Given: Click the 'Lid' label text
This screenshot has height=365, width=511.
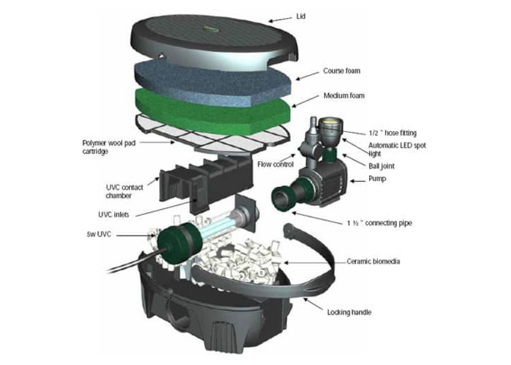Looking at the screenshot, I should pyautogui.click(x=300, y=16).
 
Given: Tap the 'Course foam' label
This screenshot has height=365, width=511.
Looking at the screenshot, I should pyautogui.click(x=341, y=71).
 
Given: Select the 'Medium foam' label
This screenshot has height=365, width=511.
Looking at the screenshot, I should pyautogui.click(x=344, y=96).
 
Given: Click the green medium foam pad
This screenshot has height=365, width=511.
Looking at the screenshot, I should pyautogui.click(x=212, y=109).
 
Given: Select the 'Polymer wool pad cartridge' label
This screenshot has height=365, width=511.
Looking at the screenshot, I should pyautogui.click(x=108, y=147).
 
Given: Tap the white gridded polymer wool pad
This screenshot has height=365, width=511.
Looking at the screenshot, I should pyautogui.click(x=219, y=137).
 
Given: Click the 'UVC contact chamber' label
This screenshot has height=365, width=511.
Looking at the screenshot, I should pyautogui.click(x=124, y=191).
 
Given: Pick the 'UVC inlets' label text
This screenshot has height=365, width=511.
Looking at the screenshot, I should pyautogui.click(x=114, y=215).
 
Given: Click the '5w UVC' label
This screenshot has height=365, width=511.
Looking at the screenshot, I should pyautogui.click(x=99, y=234).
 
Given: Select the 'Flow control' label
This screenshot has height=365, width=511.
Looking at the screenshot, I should pyautogui.click(x=275, y=164).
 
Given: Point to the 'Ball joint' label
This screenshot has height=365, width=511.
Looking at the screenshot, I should pyautogui.click(x=381, y=166).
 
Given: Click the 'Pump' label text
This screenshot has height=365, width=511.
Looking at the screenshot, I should pyautogui.click(x=377, y=178).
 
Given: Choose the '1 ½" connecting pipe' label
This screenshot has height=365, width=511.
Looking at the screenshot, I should pyautogui.click(x=379, y=223).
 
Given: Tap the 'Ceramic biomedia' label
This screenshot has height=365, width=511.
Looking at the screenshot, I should pyautogui.click(x=373, y=261).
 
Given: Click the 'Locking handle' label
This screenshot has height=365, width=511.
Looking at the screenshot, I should pyautogui.click(x=349, y=312).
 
